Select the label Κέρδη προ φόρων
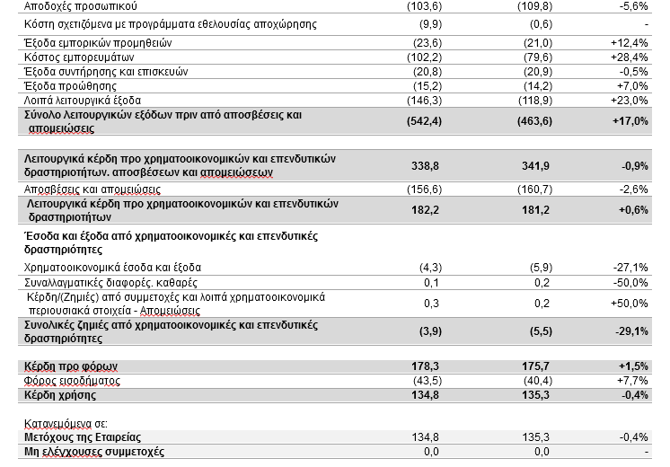[70, 366]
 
